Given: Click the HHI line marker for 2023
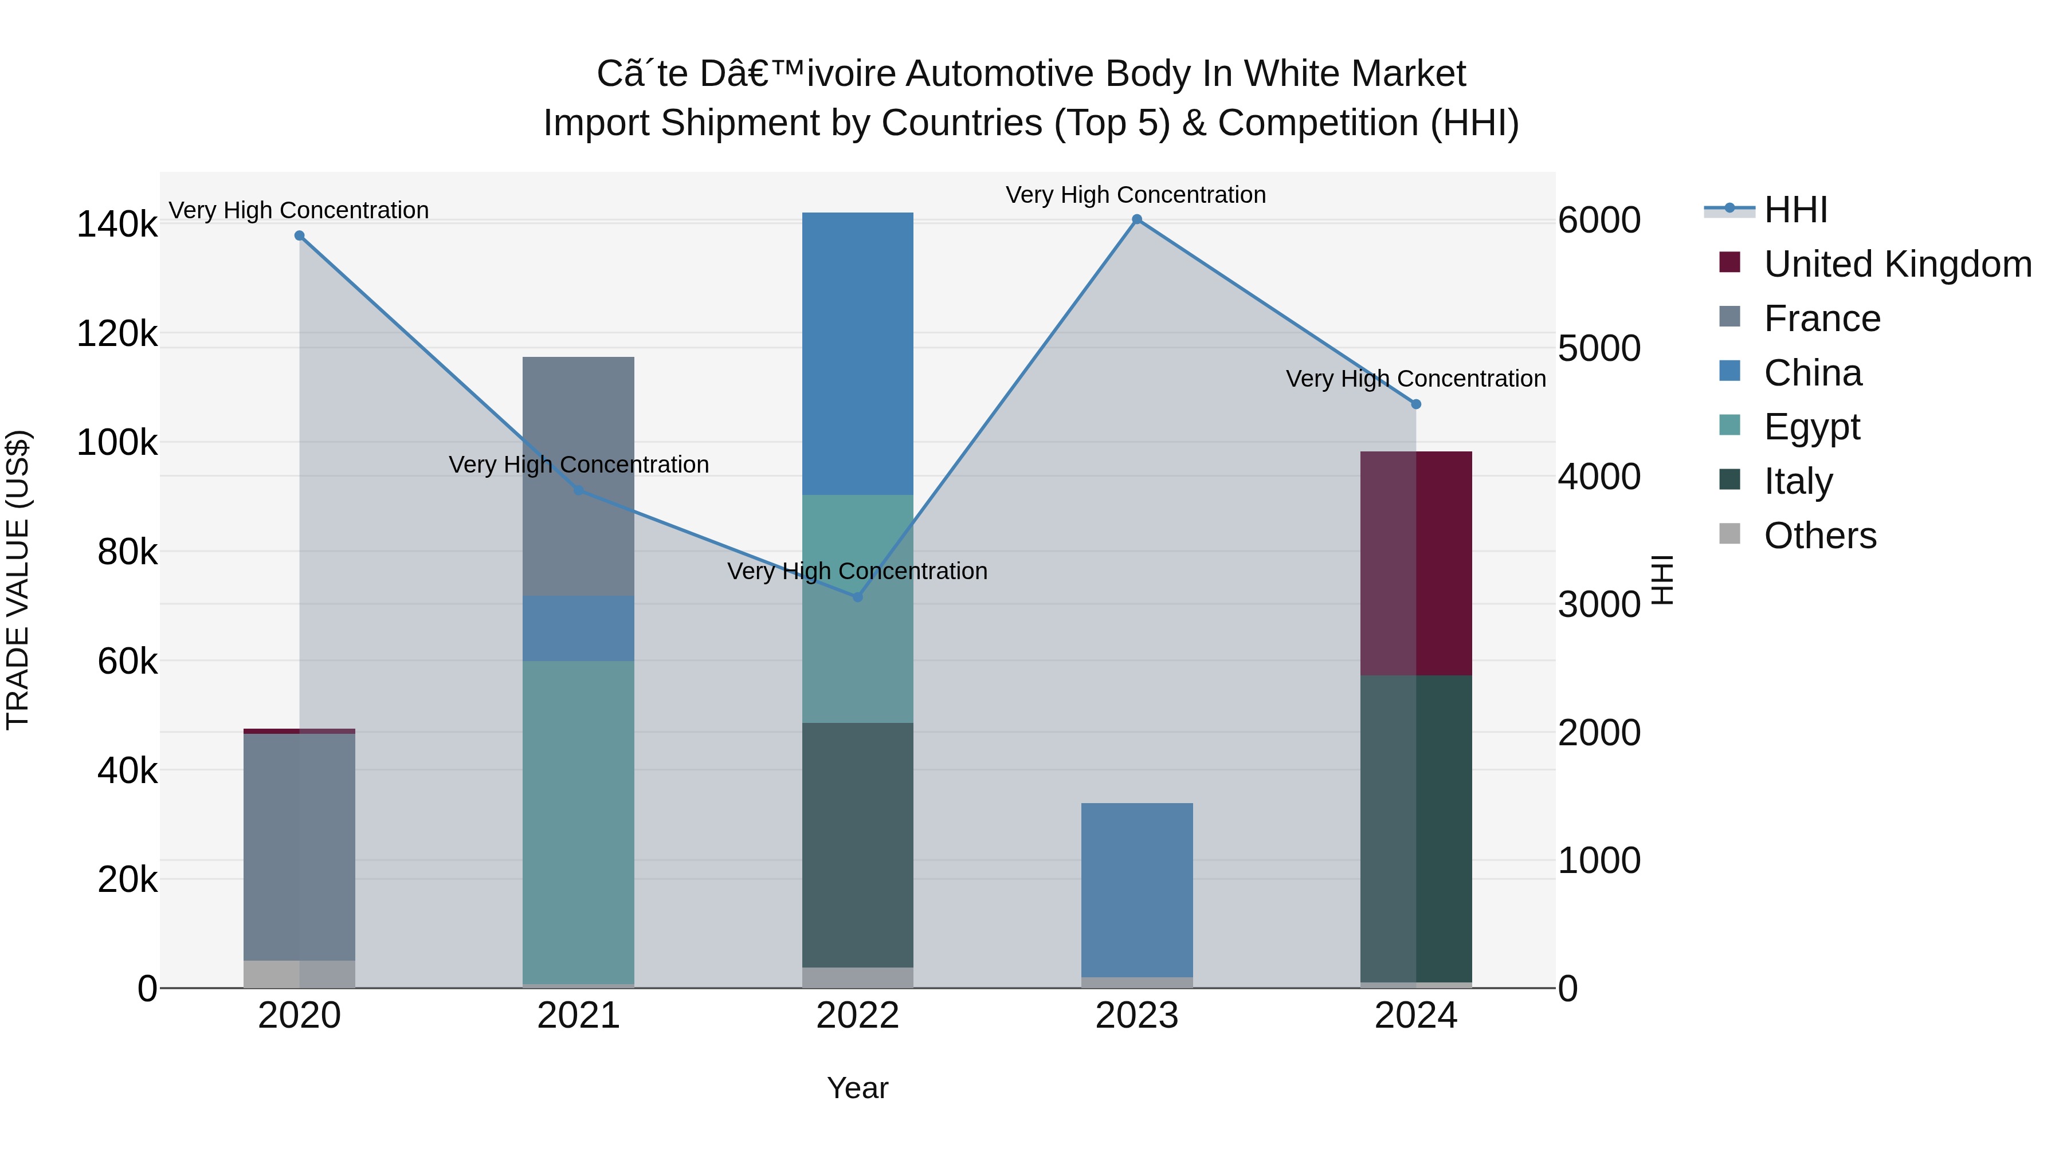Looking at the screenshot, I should pyautogui.click(x=1136, y=219).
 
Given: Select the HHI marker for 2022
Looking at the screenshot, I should pyautogui.click(x=858, y=597).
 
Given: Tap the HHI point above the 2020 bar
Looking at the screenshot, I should pyautogui.click(x=300, y=235).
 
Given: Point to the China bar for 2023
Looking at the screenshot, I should pyautogui.click(x=1136, y=888).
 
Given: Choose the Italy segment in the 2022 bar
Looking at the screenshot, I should pyautogui.click(x=858, y=844).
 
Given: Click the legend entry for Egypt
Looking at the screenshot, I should pyautogui.click(x=1811, y=427).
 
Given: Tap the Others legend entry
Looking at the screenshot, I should pyautogui.click(x=1819, y=536).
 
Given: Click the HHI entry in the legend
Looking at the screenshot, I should pyautogui.click(x=1795, y=210).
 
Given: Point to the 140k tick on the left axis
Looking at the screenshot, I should pyautogui.click(x=117, y=224).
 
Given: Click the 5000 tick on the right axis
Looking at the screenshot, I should pyautogui.click(x=1598, y=348).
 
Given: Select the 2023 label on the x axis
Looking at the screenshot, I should pyautogui.click(x=1136, y=1016).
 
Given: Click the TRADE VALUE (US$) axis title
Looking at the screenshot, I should pyautogui.click(x=18, y=580).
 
